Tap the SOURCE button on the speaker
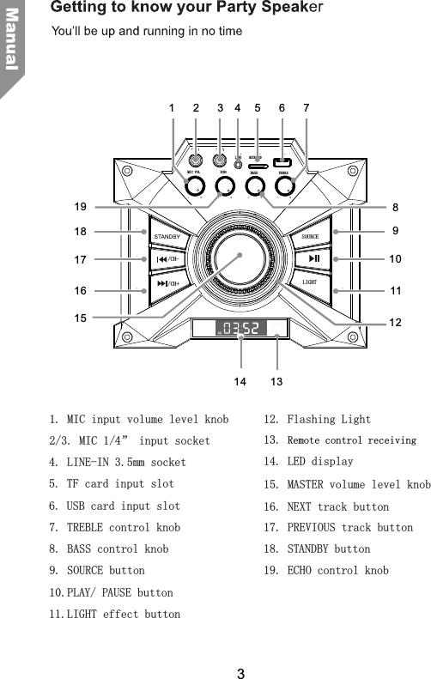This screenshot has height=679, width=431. point(309,234)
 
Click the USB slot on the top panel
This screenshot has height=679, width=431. point(282,161)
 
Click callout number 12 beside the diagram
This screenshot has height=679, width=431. point(395,322)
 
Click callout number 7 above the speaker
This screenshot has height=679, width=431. point(307,109)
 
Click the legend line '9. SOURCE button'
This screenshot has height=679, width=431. point(97,570)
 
